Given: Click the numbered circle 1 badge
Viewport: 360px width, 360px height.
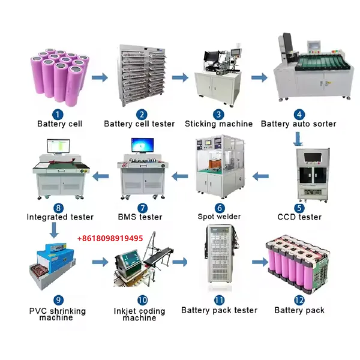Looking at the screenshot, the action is click(x=58, y=115).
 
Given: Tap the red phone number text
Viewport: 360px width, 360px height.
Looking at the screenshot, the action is click(x=110, y=238).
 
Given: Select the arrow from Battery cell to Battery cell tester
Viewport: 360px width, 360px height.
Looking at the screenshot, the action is click(x=100, y=77).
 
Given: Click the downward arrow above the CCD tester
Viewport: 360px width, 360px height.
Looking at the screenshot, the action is click(x=298, y=139).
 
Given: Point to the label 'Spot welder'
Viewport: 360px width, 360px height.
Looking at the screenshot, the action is click(x=219, y=217).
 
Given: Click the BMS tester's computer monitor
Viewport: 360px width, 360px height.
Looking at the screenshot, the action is click(x=142, y=145).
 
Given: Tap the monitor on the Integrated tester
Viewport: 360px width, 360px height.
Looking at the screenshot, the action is click(x=58, y=146).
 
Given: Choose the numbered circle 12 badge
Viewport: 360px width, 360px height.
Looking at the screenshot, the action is click(x=299, y=300).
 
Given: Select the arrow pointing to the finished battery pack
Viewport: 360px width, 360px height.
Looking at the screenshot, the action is click(x=260, y=262).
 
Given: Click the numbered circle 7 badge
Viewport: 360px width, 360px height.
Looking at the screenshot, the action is click(x=142, y=208).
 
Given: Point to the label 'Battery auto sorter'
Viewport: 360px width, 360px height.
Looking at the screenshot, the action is click(x=298, y=124).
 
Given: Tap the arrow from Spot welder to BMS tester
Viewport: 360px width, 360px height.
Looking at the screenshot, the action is click(x=180, y=176).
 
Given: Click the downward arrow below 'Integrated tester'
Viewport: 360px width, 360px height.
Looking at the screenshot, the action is click(x=54, y=230).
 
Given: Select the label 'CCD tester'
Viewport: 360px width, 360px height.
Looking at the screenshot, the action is click(x=299, y=217).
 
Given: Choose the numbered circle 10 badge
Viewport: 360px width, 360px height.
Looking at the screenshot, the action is click(x=142, y=300).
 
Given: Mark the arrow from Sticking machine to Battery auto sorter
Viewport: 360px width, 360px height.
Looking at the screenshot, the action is click(x=259, y=77).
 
